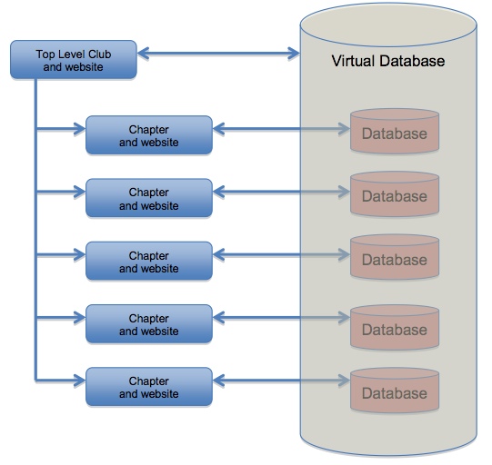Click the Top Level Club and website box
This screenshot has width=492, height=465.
tap(74, 60)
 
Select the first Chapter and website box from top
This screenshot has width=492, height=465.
tap(149, 135)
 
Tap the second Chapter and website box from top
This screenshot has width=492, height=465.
tap(149, 198)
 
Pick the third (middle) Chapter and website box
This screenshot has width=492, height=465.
tap(149, 261)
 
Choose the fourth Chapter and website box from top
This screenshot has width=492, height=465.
tap(149, 323)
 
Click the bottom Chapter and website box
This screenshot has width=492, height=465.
tap(149, 387)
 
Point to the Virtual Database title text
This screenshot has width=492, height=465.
tap(388, 61)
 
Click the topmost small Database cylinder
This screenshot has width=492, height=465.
tap(395, 131)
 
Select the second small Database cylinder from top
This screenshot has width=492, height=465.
tap(395, 194)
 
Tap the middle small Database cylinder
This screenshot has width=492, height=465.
tap(395, 257)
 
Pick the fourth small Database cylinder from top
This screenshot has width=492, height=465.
tap(395, 327)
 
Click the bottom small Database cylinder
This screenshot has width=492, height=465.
tap(395, 391)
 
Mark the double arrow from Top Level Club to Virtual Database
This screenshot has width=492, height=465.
tap(218, 54)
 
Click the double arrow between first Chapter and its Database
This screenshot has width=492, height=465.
tap(281, 129)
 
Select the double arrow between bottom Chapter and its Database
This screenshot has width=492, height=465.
tap(281, 381)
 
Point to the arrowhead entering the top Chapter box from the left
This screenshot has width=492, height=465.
tap(80, 129)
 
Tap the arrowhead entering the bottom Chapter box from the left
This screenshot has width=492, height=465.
tap(80, 381)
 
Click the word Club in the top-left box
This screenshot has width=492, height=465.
tap(99, 54)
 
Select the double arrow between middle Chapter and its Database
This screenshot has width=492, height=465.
tap(281, 254)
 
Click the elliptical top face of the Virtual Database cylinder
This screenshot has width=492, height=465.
tap(388, 25)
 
